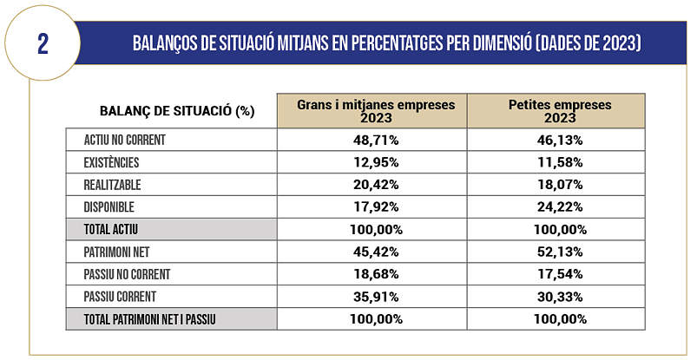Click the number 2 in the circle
click(x=43, y=44)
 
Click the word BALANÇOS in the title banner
click(x=171, y=43)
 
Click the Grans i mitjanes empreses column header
click(x=376, y=110)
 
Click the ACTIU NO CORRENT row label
click(x=125, y=139)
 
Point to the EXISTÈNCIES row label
click(x=112, y=162)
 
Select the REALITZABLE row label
click(x=113, y=185)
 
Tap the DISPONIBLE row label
click(x=110, y=207)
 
